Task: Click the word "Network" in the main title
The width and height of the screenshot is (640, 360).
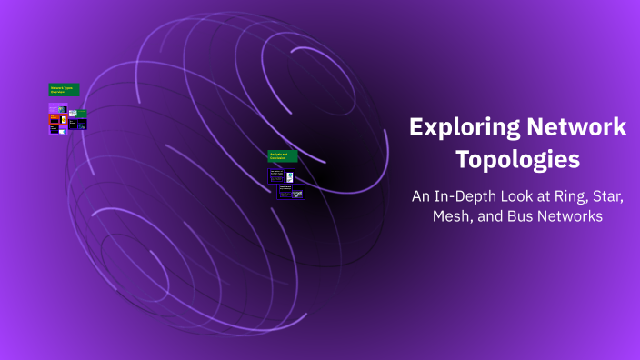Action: click(575, 128)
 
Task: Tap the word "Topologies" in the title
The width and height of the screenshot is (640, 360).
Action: click(517, 159)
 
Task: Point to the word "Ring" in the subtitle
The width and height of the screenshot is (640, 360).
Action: click(569, 195)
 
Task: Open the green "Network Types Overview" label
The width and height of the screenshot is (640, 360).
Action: click(64, 90)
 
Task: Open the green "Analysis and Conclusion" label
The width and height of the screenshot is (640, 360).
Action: click(283, 155)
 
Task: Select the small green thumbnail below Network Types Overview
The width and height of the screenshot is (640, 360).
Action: click(82, 114)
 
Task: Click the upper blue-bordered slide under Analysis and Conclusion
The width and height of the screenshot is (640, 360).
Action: click(281, 175)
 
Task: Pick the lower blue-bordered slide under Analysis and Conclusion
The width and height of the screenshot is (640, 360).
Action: click(291, 191)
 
